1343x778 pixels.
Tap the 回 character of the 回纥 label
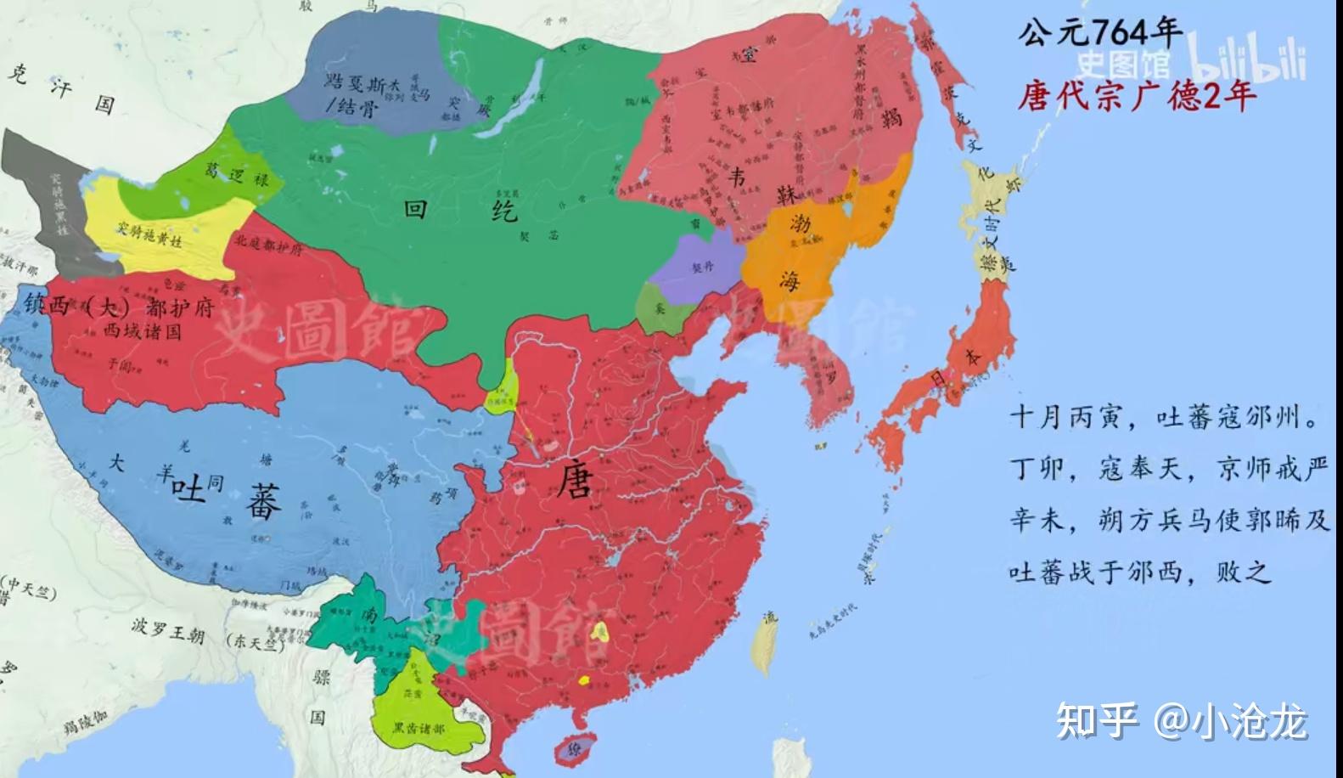pos(415,208)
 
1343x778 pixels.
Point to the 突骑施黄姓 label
pos(149,234)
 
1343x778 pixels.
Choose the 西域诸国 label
pos(142,330)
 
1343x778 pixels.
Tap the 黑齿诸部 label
pos(418,728)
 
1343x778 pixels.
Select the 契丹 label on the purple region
pos(702,266)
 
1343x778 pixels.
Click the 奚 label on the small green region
pos(660,309)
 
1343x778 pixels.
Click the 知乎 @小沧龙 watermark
pos(1181,723)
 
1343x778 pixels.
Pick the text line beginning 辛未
pos(1168,520)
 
